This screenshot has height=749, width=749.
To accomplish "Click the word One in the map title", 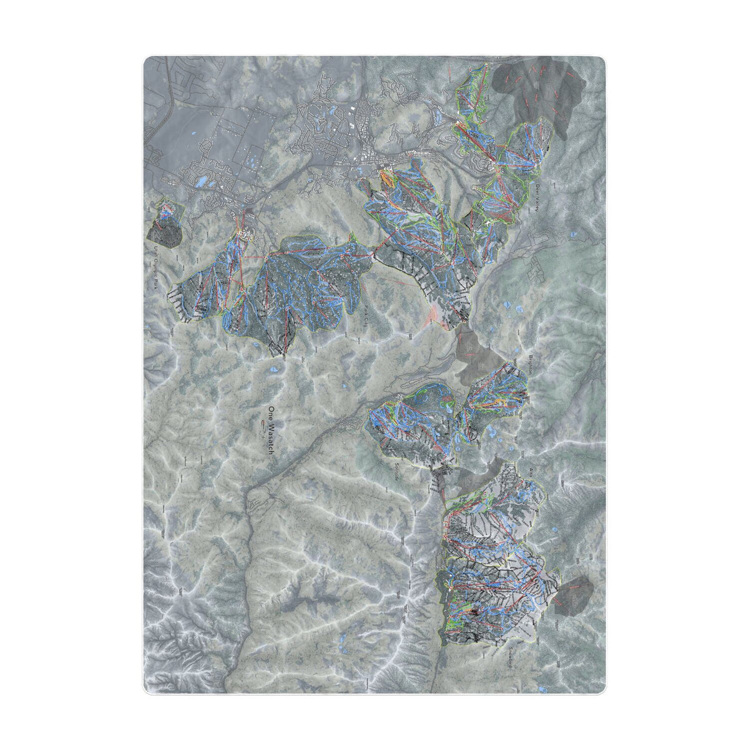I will tap(271, 413).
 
